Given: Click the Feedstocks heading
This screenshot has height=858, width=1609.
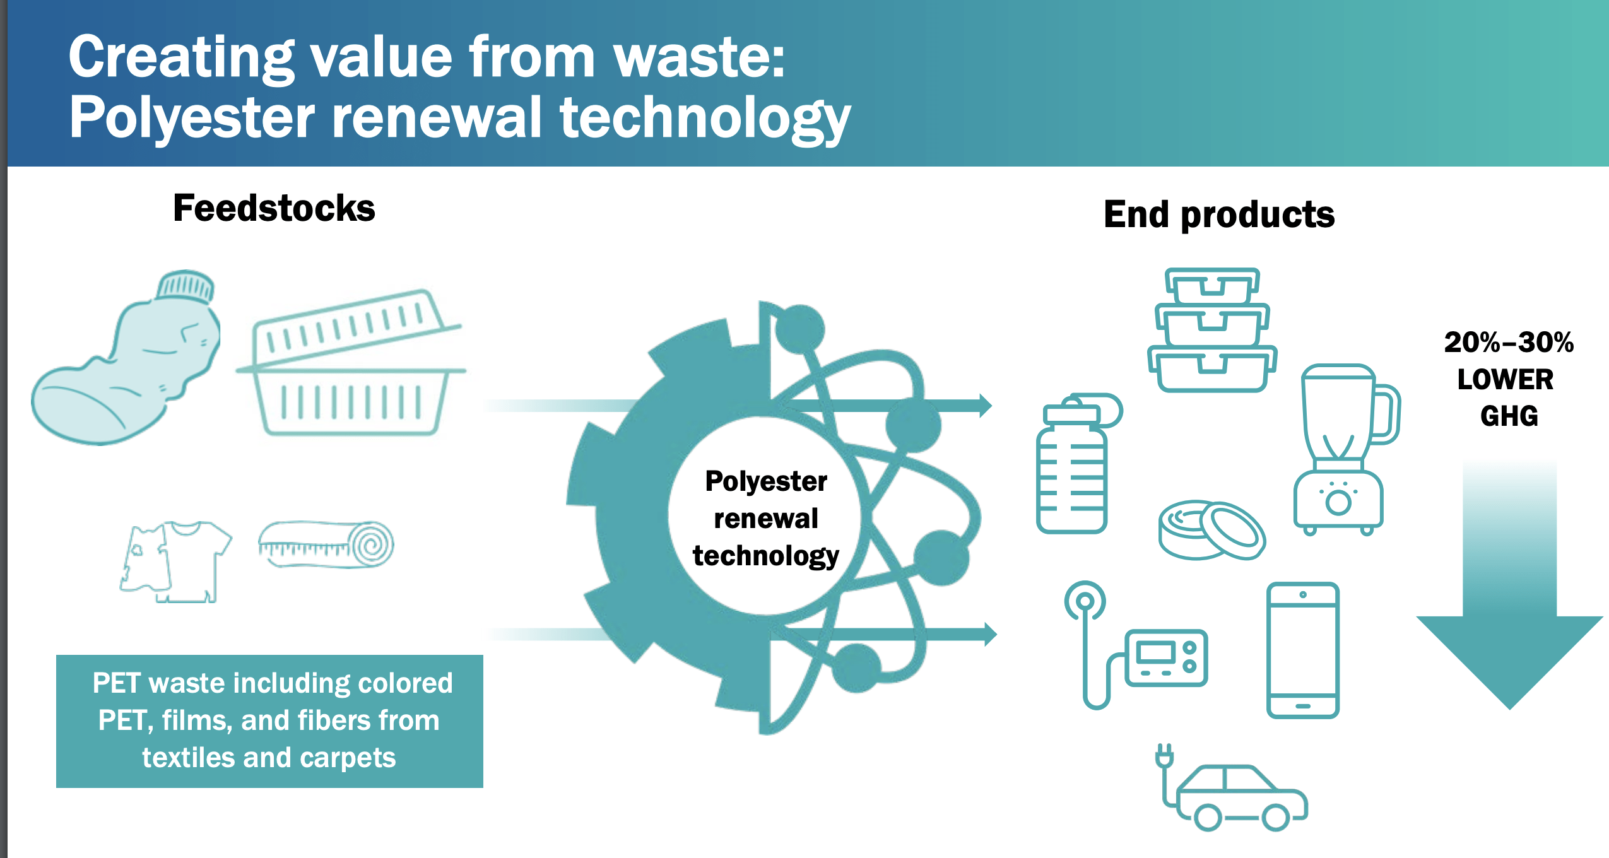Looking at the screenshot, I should click(274, 208).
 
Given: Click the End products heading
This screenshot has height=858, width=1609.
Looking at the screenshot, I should click(1218, 214).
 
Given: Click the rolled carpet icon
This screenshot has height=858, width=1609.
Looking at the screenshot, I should click(326, 544).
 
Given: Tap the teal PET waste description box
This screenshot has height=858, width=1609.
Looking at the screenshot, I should click(269, 720).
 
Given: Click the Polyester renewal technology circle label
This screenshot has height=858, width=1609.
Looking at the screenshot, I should click(765, 519).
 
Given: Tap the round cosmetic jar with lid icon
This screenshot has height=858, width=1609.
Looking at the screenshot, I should click(1211, 530).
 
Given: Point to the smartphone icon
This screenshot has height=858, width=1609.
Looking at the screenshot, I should click(1302, 650).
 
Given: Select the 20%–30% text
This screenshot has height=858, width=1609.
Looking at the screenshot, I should click(1509, 343).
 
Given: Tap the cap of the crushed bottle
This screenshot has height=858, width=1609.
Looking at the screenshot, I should click(186, 286).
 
